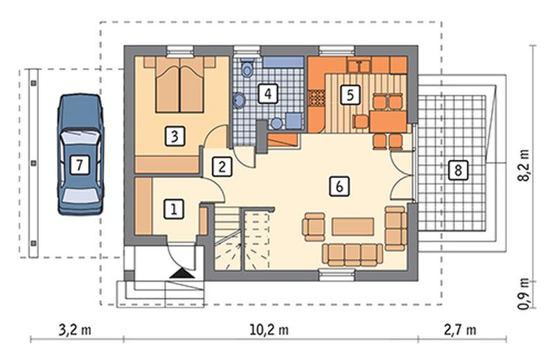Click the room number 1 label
[174, 209]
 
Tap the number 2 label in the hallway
[222, 166]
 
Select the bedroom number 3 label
[175, 136]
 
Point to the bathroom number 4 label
[268, 93]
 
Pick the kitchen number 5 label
[350, 95]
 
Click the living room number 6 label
[339, 186]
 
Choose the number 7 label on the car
[79, 165]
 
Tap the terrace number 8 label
[458, 171]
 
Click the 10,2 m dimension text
[269, 330]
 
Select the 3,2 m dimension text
[75, 330]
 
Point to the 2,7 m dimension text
[460, 330]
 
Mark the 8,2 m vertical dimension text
[524, 165]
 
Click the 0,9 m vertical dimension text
[524, 294]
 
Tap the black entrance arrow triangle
[181, 273]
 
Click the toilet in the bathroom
[247, 69]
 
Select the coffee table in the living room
[353, 226]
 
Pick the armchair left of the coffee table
[313, 227]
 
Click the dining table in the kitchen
[388, 122]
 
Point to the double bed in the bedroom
[179, 85]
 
